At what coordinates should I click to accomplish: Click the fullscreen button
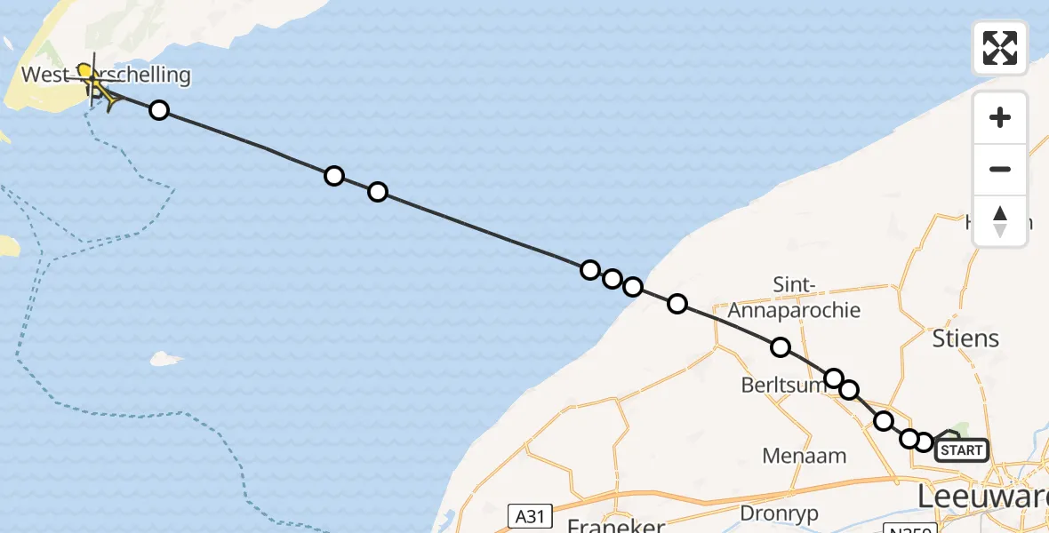point(1000,48)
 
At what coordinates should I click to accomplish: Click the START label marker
point(961,450)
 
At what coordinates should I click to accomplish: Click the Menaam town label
point(805,456)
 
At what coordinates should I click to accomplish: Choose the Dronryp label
point(778,513)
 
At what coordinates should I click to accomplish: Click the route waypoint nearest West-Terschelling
point(159,110)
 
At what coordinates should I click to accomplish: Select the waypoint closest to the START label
point(925,442)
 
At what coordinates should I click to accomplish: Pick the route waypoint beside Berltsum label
point(834,379)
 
